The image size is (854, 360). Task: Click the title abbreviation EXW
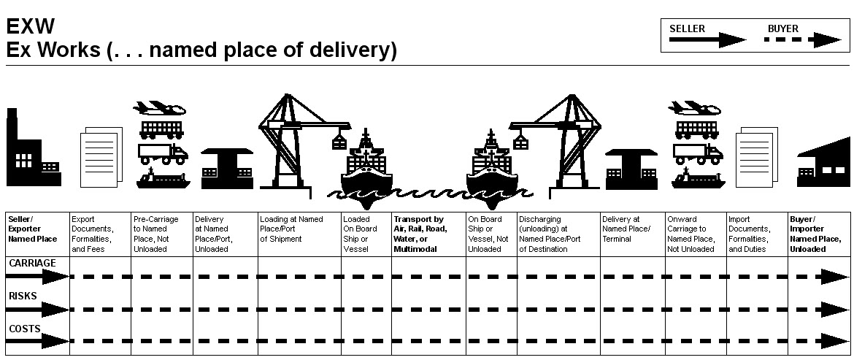click(31, 26)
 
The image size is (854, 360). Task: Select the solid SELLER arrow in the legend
click(707, 39)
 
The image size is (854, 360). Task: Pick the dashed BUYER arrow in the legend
click(803, 39)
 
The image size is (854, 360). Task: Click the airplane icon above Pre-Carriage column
click(159, 108)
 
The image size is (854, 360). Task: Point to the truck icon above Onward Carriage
click(698, 153)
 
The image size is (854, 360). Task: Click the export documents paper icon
click(101, 158)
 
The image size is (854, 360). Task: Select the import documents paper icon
click(756, 158)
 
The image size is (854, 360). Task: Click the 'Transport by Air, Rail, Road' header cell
click(428, 234)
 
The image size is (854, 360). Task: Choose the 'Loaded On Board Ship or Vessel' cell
click(366, 234)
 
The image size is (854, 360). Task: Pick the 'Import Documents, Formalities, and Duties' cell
click(757, 234)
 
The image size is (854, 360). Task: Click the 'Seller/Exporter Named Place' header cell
click(37, 234)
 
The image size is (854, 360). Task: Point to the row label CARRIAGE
click(32, 263)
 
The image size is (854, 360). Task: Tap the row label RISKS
click(23, 296)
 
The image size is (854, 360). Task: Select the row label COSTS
click(25, 329)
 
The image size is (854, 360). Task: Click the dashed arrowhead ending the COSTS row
click(836, 342)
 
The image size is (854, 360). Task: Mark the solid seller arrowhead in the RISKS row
click(55, 310)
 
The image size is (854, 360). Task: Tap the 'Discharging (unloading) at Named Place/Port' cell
click(558, 234)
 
